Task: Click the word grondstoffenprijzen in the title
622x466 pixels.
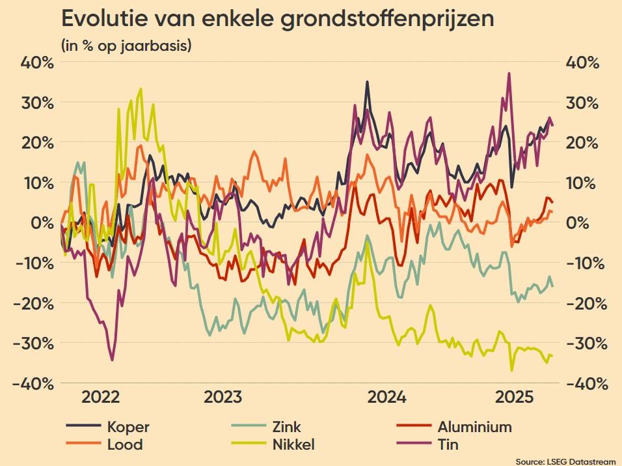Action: click(387, 20)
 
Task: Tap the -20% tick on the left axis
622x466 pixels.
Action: click(32, 303)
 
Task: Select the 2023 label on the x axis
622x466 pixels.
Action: click(223, 398)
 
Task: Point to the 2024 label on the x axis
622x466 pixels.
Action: click(387, 398)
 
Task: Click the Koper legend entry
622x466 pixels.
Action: click(128, 428)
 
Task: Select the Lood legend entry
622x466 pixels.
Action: click(124, 445)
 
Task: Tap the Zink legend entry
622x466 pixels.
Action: click(287, 428)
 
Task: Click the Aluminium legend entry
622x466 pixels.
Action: click(474, 428)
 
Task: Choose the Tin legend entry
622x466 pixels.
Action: click(448, 445)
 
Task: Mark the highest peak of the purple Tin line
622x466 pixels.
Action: click(509, 74)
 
